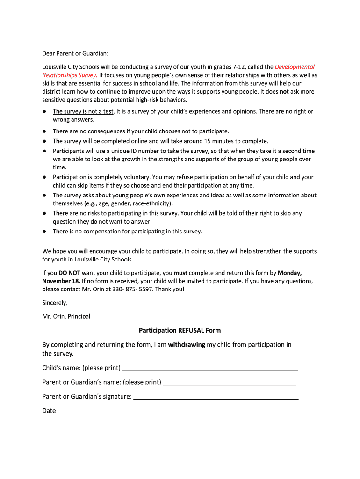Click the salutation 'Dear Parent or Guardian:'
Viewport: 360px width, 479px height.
pos(75,53)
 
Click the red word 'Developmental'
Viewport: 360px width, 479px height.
pos(295,67)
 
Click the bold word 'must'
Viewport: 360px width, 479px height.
pos(180,272)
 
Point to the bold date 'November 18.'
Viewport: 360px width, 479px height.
pos(61,281)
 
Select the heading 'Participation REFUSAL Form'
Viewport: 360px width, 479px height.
pos(180,330)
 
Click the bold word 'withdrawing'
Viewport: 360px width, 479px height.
pos(187,345)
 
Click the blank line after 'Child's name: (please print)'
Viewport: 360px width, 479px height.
pos(210,369)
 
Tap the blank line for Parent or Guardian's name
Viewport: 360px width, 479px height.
pos(230,383)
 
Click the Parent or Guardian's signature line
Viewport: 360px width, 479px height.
pos(216,398)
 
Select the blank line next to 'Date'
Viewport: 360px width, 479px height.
pos(177,412)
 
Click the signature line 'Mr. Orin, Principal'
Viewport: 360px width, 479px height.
pos(66,316)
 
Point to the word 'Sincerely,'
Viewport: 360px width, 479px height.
pos(55,303)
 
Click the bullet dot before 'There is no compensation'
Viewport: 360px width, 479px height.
pos(44,231)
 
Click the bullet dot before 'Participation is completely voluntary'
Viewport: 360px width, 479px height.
pos(44,177)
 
